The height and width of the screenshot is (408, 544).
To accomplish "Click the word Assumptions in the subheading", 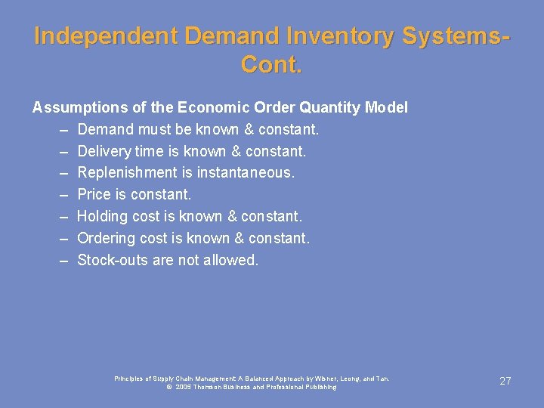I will click(x=80, y=107).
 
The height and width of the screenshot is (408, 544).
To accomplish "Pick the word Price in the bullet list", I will click(x=94, y=195).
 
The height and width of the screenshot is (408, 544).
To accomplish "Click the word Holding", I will click(x=103, y=217).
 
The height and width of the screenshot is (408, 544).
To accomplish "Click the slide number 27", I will click(x=505, y=381).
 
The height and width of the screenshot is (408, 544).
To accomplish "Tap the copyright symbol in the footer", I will click(x=169, y=387).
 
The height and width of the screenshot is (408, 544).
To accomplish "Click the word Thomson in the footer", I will click(x=208, y=387).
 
